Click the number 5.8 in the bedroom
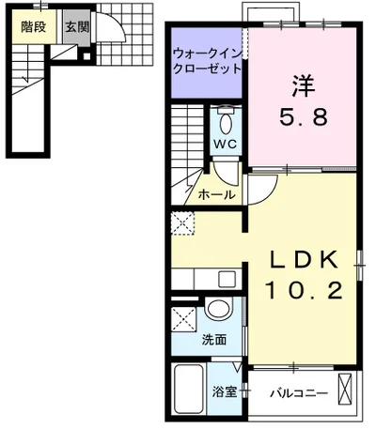click(301, 119)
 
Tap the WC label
click(224, 145)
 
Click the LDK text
click(303, 259)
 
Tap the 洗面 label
click(214, 340)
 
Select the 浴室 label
click(224, 391)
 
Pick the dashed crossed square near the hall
click(183, 222)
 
